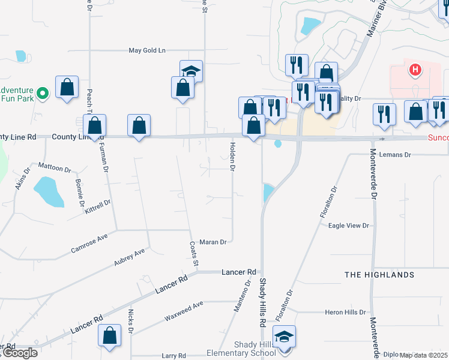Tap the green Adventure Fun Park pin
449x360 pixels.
42,94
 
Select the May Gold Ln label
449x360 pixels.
146,50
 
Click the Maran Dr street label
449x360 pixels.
213,242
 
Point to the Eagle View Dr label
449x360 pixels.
348,226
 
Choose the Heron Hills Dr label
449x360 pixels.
345,313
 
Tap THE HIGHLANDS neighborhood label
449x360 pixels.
379,275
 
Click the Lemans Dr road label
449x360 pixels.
395,155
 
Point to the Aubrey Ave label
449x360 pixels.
130,257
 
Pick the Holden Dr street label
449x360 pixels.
232,156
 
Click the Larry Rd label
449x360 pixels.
174,356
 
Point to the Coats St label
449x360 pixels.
194,254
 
